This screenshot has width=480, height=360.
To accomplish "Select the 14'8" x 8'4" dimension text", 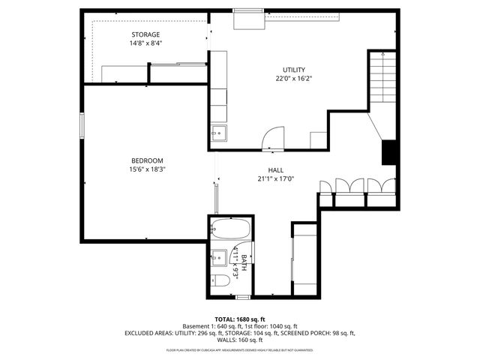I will (x=146, y=43).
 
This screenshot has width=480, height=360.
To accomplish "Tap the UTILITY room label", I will (x=293, y=70).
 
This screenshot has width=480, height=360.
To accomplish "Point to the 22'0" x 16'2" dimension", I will (x=293, y=78).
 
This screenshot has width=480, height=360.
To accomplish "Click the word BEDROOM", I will (x=147, y=160).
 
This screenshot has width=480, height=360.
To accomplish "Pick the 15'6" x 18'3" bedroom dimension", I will (x=147, y=169).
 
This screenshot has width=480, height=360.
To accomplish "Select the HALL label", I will (x=275, y=170).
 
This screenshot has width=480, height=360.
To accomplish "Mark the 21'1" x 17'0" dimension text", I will (x=275, y=178).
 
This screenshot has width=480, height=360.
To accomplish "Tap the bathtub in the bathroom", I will (x=229, y=229).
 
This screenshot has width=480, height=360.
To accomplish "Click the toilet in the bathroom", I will (x=221, y=282).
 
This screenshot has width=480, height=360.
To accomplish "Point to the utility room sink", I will (x=218, y=133).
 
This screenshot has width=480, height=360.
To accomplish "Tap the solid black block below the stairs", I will (x=388, y=152).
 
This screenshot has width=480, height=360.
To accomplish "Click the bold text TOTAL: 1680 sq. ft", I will (x=239, y=319).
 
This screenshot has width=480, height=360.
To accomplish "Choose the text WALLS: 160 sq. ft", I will (x=240, y=340).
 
